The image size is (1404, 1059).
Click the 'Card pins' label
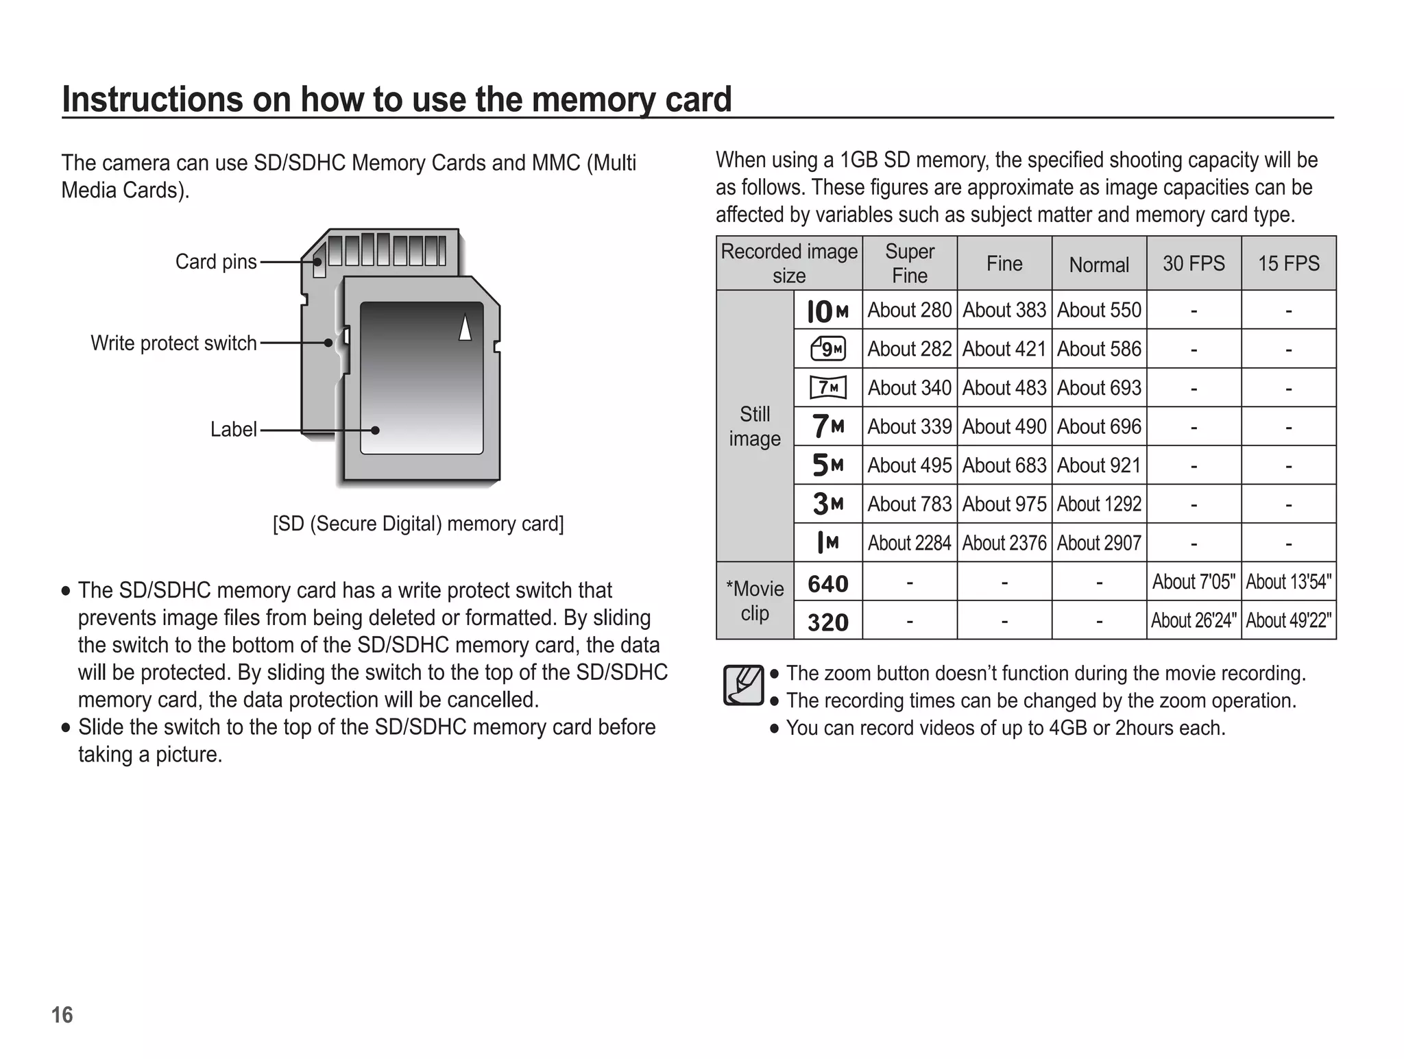coord(216,262)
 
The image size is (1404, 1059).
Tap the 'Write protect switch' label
coord(173,343)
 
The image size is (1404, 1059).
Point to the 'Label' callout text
coord(233,430)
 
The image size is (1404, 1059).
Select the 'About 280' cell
coord(909,311)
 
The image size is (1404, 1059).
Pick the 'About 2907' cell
coord(1098,544)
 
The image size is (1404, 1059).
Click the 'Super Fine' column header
coord(909,263)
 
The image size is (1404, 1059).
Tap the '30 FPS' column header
coord(1194,263)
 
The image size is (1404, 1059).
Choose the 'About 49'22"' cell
coord(1288,621)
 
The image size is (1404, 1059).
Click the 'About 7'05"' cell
coord(1194,582)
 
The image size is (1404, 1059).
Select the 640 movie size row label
coord(827,584)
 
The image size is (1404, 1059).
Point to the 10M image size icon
coord(827,312)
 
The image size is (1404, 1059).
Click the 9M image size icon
coord(827,350)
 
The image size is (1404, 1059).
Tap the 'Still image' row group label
coord(754,426)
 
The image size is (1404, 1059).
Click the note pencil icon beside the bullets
coord(743,685)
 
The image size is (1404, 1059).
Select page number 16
coord(62,1015)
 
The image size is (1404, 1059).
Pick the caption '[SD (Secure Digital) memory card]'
coord(418,524)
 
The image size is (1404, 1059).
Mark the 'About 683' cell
coord(1004,466)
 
